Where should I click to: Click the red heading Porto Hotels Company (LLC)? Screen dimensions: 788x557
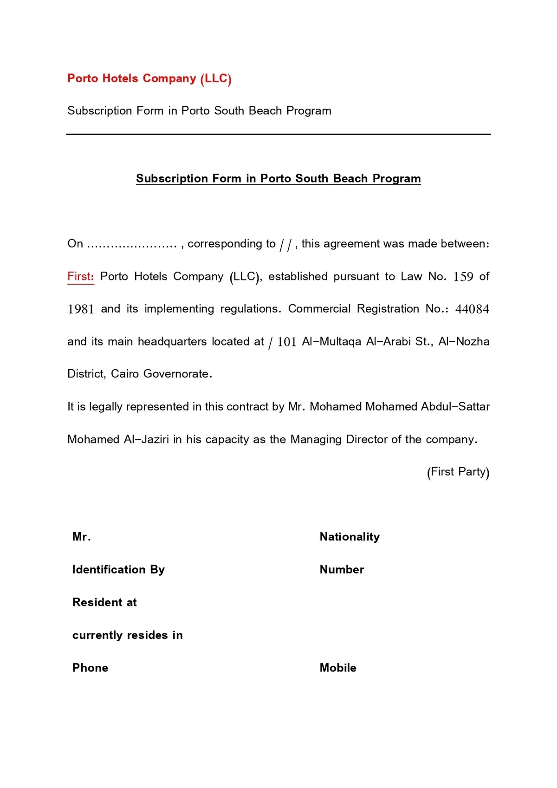coord(149,78)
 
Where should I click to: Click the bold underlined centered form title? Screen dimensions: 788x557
coord(278,179)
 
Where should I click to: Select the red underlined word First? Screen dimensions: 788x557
coord(81,277)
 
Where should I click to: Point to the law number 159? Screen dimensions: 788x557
coord(463,277)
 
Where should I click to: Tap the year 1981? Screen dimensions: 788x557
coord(81,309)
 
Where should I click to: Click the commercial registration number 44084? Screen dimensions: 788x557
coord(472,309)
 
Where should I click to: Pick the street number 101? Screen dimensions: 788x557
coord(287,342)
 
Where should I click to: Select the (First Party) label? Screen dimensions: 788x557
coord(458,472)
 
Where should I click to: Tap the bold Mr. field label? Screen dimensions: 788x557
coord(81,537)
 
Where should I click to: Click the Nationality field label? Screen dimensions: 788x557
coord(350,537)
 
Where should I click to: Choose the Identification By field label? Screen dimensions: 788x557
coord(118,570)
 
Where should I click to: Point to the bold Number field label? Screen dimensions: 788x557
coord(342,570)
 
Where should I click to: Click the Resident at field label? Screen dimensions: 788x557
coord(104,603)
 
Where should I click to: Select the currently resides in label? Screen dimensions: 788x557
coord(127,635)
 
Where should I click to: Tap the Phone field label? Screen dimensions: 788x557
coord(90,668)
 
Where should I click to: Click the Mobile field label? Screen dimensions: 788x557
coord(338,668)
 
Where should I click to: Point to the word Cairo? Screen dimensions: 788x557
coord(125,374)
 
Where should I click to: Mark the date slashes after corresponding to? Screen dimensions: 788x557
coord(285,245)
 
